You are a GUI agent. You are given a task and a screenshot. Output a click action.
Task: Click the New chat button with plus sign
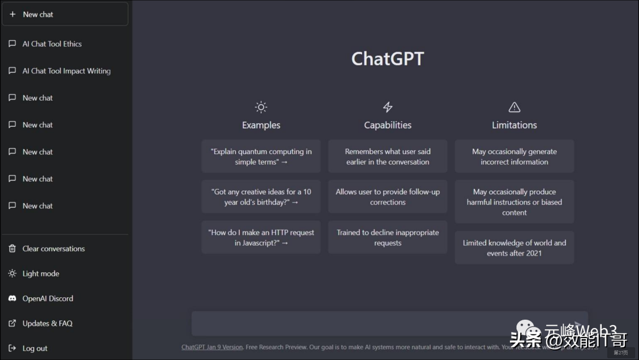click(x=65, y=14)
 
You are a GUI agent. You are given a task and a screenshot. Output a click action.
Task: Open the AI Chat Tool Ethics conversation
click(x=52, y=44)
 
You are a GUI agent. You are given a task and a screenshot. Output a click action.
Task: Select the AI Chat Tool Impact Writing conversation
click(x=66, y=71)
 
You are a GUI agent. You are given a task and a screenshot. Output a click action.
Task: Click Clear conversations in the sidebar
click(x=53, y=249)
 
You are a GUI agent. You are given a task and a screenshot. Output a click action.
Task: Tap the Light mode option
click(x=40, y=274)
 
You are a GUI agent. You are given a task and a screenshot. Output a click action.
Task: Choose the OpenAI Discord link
click(x=47, y=298)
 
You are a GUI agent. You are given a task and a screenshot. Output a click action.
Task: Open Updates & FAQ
click(x=47, y=323)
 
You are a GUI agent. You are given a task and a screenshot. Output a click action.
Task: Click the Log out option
click(x=34, y=348)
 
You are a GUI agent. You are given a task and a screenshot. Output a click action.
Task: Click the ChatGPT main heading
click(x=388, y=59)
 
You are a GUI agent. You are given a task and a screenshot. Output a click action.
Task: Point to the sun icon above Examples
click(x=261, y=107)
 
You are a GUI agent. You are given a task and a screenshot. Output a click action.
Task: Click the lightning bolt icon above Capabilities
click(x=388, y=107)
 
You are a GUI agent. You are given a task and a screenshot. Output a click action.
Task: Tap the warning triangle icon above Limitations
click(x=514, y=107)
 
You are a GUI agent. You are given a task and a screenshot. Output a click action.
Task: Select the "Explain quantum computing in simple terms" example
click(x=261, y=156)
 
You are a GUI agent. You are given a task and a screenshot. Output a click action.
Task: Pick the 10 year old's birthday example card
click(x=261, y=197)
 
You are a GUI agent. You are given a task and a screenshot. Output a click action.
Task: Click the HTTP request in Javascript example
click(x=261, y=237)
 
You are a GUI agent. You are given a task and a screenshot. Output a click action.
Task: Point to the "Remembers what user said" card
click(x=388, y=156)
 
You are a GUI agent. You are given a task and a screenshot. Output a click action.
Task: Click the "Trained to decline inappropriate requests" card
click(x=388, y=237)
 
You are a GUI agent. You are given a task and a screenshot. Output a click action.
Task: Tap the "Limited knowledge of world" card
click(x=514, y=247)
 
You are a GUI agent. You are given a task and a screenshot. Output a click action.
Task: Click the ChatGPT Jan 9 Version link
click(x=212, y=347)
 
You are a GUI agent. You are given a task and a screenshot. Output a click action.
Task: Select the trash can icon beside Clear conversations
click(x=12, y=249)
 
